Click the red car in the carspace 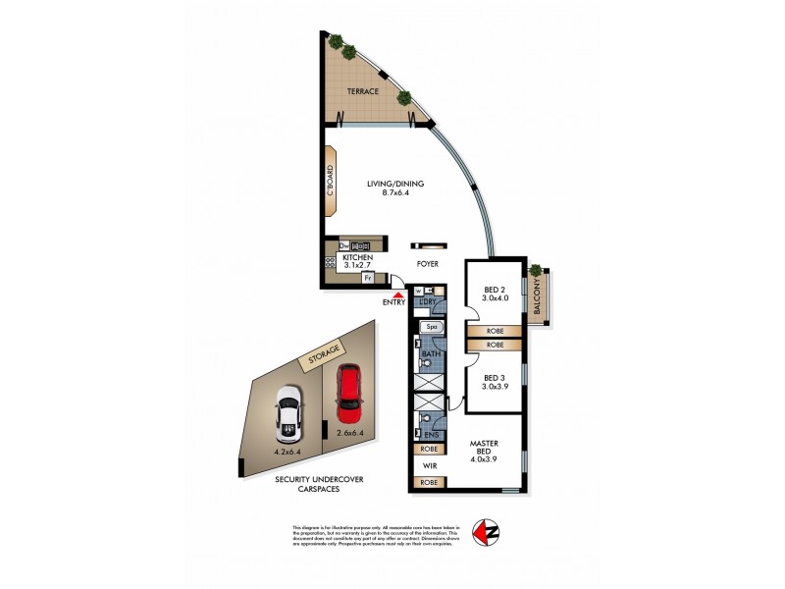(x=349, y=388)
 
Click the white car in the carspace (x=288, y=411)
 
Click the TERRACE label (x=362, y=91)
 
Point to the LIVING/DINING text (x=390, y=184)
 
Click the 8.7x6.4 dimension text (x=390, y=193)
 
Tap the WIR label (x=429, y=465)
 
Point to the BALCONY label (x=537, y=298)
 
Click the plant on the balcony (x=536, y=270)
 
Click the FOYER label (x=428, y=264)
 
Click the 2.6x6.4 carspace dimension (x=350, y=433)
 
